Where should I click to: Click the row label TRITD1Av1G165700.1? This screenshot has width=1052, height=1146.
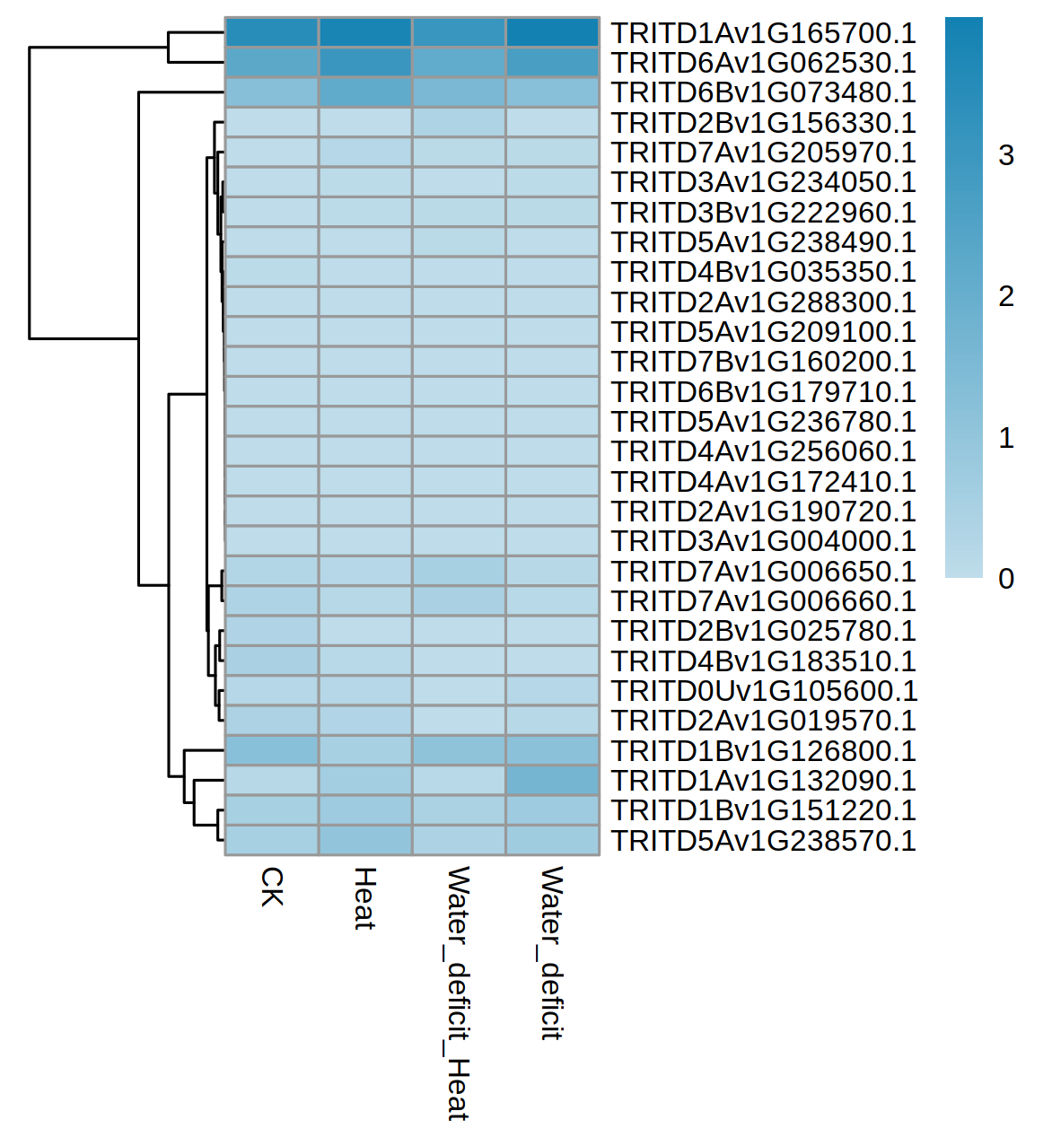(x=763, y=33)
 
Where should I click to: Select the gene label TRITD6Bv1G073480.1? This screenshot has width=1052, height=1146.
(x=763, y=92)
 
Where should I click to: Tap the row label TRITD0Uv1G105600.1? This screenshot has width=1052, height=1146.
(x=764, y=691)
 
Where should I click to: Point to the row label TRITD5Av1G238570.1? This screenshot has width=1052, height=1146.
(x=763, y=841)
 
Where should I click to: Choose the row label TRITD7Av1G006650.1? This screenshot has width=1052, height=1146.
(x=763, y=572)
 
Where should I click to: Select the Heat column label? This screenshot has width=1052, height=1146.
(x=365, y=898)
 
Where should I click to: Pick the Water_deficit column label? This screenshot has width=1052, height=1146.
(x=552, y=953)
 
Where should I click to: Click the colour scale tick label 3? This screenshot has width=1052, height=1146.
(x=1006, y=156)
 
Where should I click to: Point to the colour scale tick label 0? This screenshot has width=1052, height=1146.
(x=1006, y=579)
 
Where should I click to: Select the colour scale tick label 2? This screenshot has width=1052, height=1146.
(x=1006, y=296)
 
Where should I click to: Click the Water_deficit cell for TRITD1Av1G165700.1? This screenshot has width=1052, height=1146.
(x=553, y=32)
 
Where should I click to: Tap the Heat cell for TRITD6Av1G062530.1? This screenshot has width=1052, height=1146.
(x=365, y=63)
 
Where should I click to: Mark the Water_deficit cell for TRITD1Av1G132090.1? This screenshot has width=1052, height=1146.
(x=553, y=780)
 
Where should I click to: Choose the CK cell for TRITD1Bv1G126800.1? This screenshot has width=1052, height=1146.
(x=272, y=750)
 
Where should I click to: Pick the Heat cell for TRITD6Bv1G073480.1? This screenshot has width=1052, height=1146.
(x=365, y=92)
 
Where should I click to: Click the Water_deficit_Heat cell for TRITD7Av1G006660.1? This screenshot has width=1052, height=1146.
(x=459, y=601)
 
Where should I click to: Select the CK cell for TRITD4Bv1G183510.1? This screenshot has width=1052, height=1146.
(x=272, y=660)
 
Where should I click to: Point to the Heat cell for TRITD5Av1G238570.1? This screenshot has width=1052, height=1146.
(x=365, y=840)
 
